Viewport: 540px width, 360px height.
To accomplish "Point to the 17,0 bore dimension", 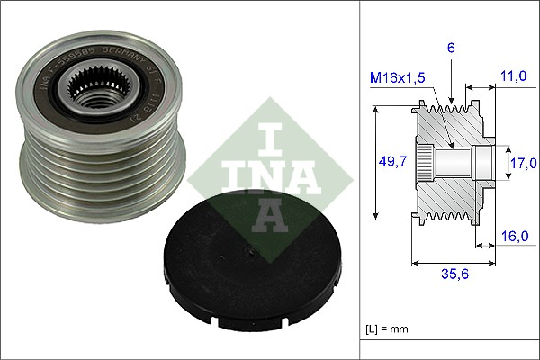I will coord(525,163).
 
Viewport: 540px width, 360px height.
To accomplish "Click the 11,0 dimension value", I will coord(515,78).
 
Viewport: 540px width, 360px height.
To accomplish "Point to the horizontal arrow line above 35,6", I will coord(453,264).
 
